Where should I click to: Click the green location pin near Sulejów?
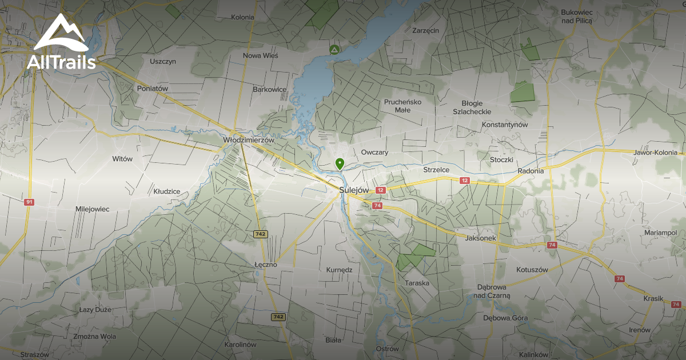click(340, 164)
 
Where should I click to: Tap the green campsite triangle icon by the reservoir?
click(333, 50)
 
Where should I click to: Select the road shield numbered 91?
click(29, 202)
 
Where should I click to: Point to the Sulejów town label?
click(354, 190)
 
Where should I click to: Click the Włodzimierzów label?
click(249, 140)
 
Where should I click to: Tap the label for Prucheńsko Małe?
click(402, 106)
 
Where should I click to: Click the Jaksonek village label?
click(481, 238)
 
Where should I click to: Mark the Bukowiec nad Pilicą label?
click(577, 16)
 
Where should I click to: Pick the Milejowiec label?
click(92, 209)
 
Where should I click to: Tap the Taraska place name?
click(417, 283)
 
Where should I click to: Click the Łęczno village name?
click(265, 265)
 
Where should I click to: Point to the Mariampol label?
click(660, 233)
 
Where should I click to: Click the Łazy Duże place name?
click(95, 310)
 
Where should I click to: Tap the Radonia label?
click(530, 171)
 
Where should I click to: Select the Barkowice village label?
click(269, 89)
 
